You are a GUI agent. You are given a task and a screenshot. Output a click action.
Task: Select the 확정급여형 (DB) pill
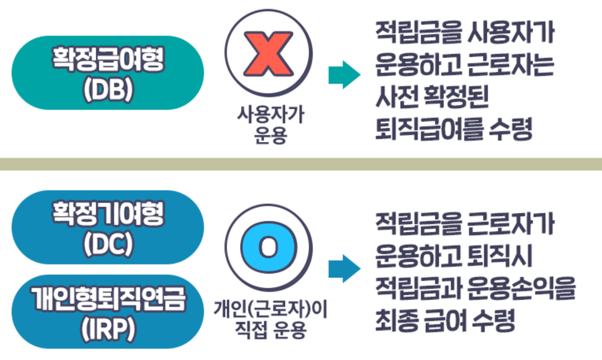coord(108,73)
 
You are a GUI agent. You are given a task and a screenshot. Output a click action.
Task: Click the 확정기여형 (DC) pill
coord(108,227)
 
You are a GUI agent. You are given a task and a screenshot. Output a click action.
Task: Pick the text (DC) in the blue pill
coord(108,244)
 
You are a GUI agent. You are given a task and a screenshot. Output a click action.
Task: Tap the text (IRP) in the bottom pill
coord(108,328)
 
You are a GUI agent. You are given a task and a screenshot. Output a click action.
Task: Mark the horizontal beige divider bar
coord(301,163)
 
